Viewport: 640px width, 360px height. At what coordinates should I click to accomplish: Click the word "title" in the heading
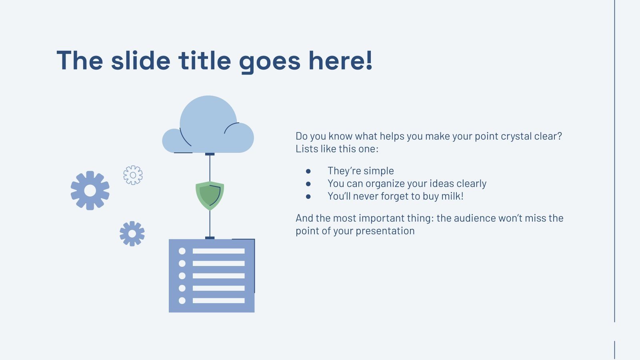click(204, 61)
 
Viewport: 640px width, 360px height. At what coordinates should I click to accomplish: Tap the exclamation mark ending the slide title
click(368, 61)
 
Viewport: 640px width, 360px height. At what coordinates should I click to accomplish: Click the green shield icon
click(210, 195)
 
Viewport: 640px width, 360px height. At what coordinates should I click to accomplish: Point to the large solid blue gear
click(90, 190)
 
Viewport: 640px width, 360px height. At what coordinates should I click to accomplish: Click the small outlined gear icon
click(133, 175)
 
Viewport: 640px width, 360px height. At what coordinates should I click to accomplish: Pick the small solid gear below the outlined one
click(132, 234)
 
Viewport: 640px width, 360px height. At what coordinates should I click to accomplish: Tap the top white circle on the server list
click(182, 251)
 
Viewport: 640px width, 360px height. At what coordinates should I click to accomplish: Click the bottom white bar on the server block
click(218, 300)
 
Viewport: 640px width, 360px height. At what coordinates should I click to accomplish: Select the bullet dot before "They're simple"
click(308, 171)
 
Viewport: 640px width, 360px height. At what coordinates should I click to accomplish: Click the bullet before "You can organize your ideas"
click(308, 184)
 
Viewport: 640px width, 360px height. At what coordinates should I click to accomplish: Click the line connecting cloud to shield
click(210, 168)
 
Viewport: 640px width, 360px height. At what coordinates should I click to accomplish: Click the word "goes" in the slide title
click(270, 62)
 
